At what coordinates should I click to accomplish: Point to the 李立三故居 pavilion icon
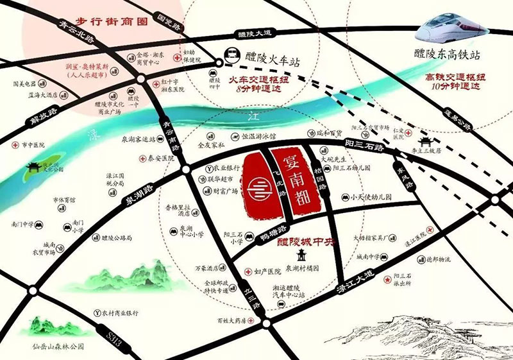click(x=423, y=140)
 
